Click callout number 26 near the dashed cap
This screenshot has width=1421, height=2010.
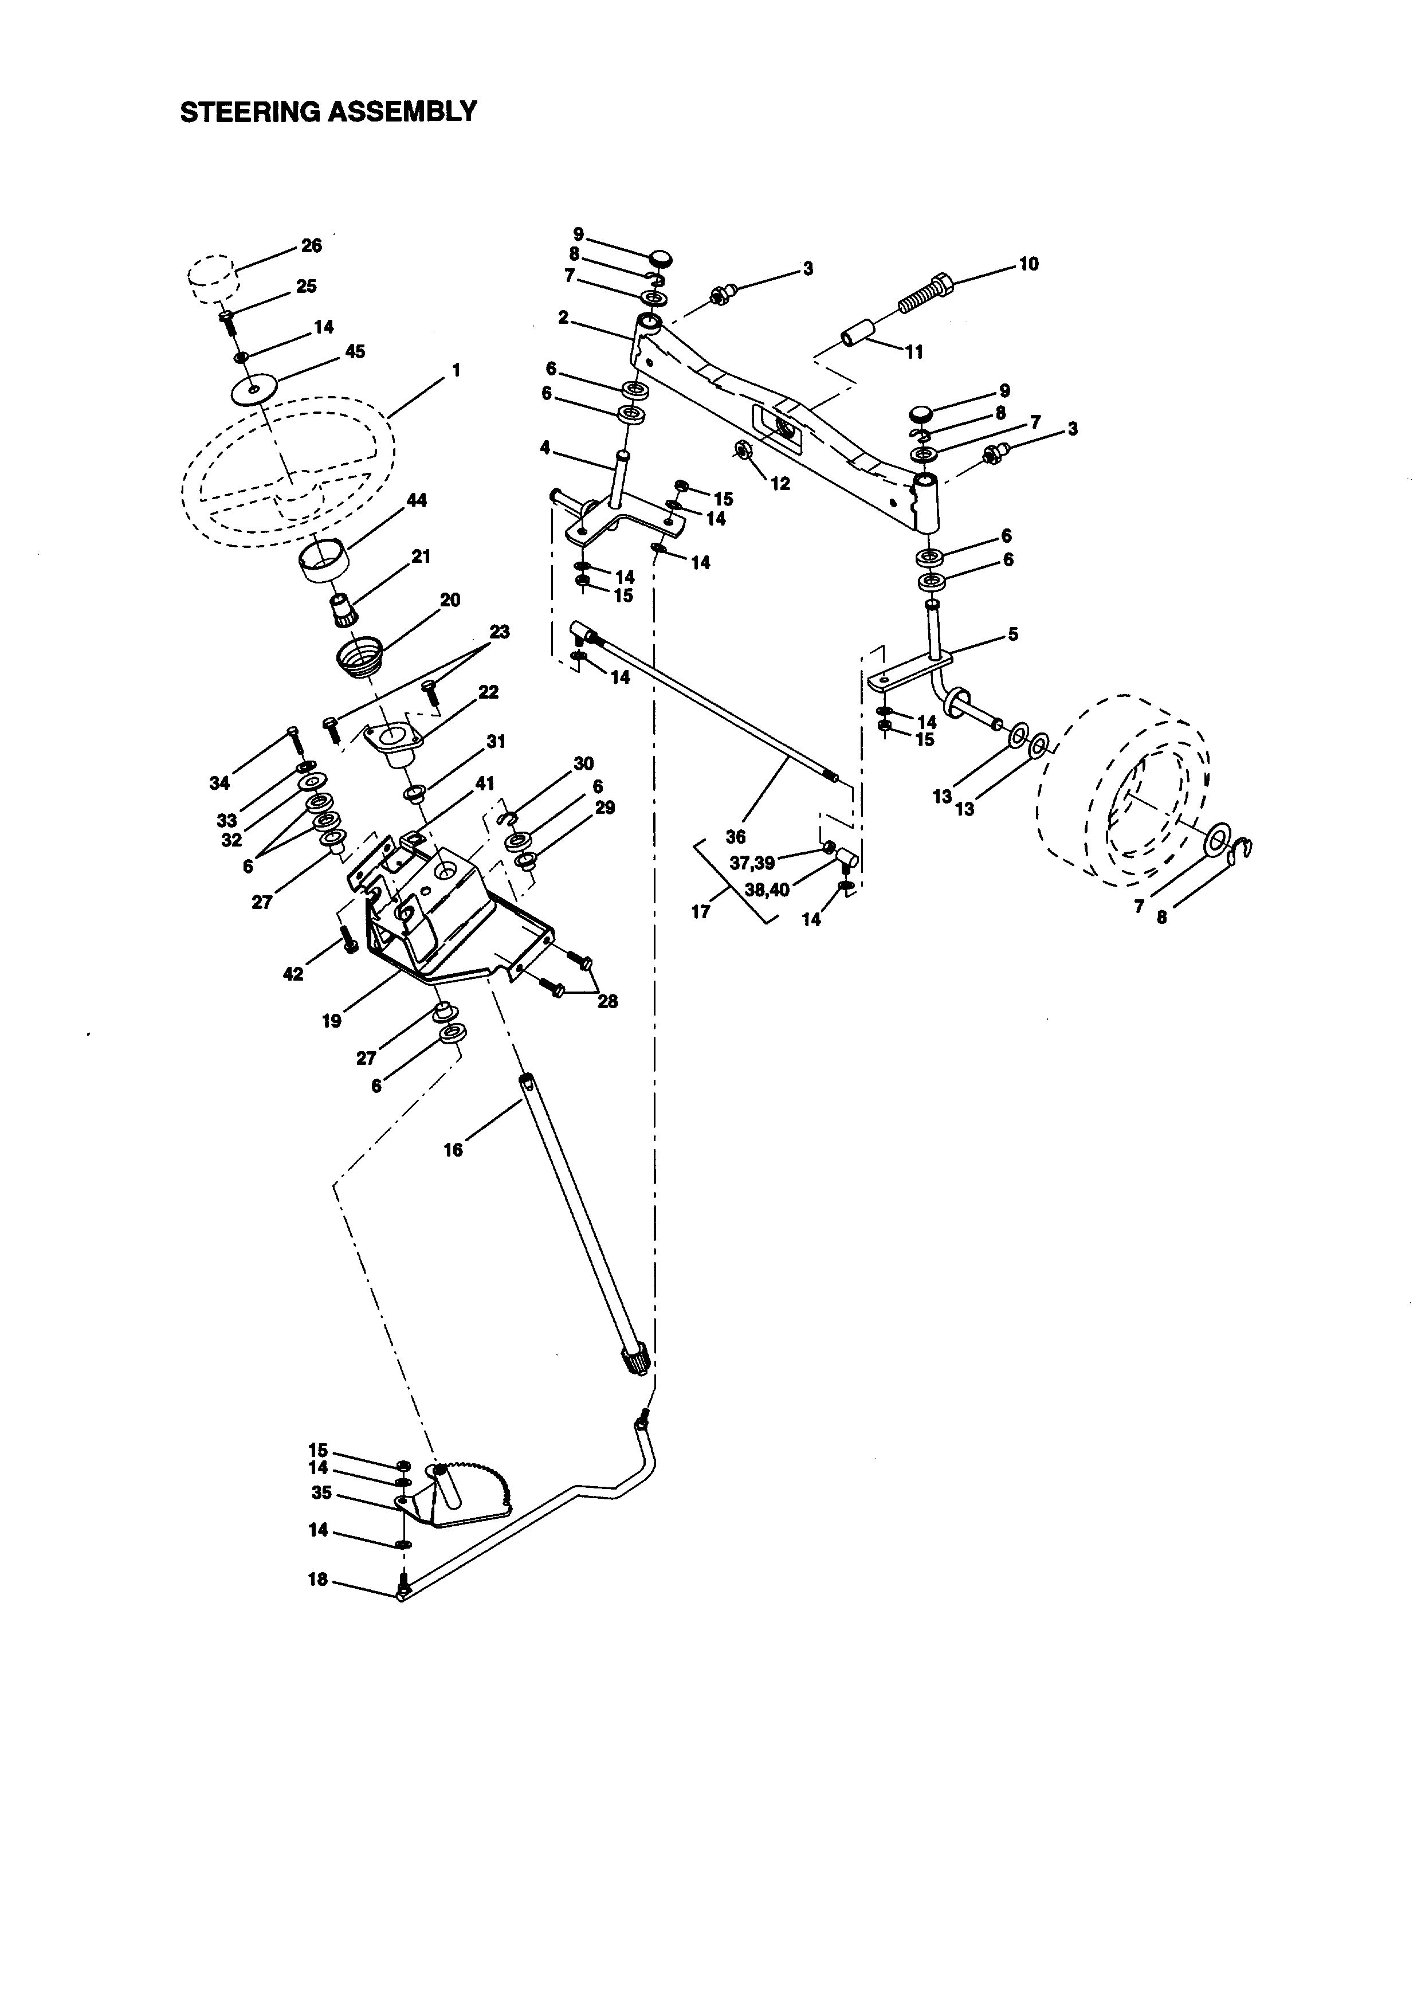tap(312, 246)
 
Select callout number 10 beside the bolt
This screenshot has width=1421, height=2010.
tap(1029, 264)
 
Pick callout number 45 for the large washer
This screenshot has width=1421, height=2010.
tap(354, 351)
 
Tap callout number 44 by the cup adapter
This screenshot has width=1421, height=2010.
tap(417, 501)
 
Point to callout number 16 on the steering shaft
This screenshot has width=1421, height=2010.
tap(453, 1150)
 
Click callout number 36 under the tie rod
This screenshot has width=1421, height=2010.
tap(735, 837)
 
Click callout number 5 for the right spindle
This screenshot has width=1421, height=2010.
tap(1012, 634)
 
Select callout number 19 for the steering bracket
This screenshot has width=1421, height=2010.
tap(332, 1021)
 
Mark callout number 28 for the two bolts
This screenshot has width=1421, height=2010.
tap(607, 1001)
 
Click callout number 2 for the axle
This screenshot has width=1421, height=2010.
tap(563, 318)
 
